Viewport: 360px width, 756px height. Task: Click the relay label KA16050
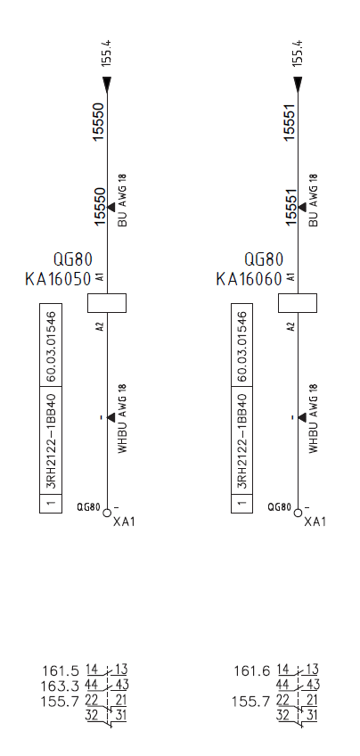(x=58, y=279)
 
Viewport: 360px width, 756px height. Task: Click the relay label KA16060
(x=250, y=279)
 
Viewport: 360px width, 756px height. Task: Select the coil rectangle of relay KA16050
(x=107, y=303)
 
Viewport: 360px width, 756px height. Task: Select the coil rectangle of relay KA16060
(x=298, y=303)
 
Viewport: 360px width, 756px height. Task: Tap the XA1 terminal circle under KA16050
(x=107, y=513)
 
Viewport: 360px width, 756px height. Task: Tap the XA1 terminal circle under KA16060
(x=298, y=513)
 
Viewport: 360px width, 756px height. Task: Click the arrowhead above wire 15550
(x=107, y=85)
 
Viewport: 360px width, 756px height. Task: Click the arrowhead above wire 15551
(x=298, y=85)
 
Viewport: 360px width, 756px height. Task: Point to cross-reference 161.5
(x=61, y=671)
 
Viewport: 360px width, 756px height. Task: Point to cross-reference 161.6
(x=252, y=671)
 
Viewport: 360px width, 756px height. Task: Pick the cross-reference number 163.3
(x=61, y=686)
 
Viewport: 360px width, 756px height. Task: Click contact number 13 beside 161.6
(x=312, y=670)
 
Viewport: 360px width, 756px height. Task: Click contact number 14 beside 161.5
(x=92, y=670)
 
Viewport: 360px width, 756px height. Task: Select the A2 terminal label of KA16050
(x=100, y=326)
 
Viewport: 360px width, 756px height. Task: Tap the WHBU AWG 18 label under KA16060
(x=314, y=418)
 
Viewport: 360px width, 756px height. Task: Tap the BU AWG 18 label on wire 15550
(x=122, y=200)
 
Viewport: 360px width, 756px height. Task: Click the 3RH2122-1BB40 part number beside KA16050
(x=51, y=441)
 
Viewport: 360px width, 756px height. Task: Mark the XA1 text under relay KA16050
(x=124, y=522)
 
